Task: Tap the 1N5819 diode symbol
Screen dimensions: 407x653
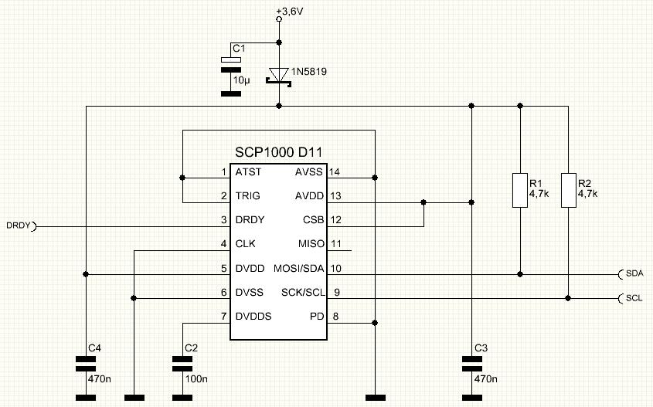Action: pyautogui.click(x=278, y=76)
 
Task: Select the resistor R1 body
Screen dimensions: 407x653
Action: pyautogui.click(x=520, y=190)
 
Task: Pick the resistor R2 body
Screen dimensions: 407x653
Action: pyautogui.click(x=570, y=190)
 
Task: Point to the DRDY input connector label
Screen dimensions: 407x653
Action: pyautogui.click(x=17, y=226)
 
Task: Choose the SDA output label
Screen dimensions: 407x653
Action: pyautogui.click(x=635, y=273)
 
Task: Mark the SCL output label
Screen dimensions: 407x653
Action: pyautogui.click(x=634, y=298)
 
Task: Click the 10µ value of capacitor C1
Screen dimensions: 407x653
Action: pyautogui.click(x=242, y=80)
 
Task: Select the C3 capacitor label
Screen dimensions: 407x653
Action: pyautogui.click(x=481, y=348)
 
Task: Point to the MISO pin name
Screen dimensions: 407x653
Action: pyautogui.click(x=311, y=244)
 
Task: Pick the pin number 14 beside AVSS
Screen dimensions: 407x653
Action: pyautogui.click(x=335, y=171)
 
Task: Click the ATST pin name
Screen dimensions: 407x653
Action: pyautogui.click(x=249, y=171)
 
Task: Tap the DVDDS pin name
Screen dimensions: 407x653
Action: pyautogui.click(x=253, y=316)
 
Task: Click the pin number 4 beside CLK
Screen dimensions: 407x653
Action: pyautogui.click(x=223, y=244)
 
